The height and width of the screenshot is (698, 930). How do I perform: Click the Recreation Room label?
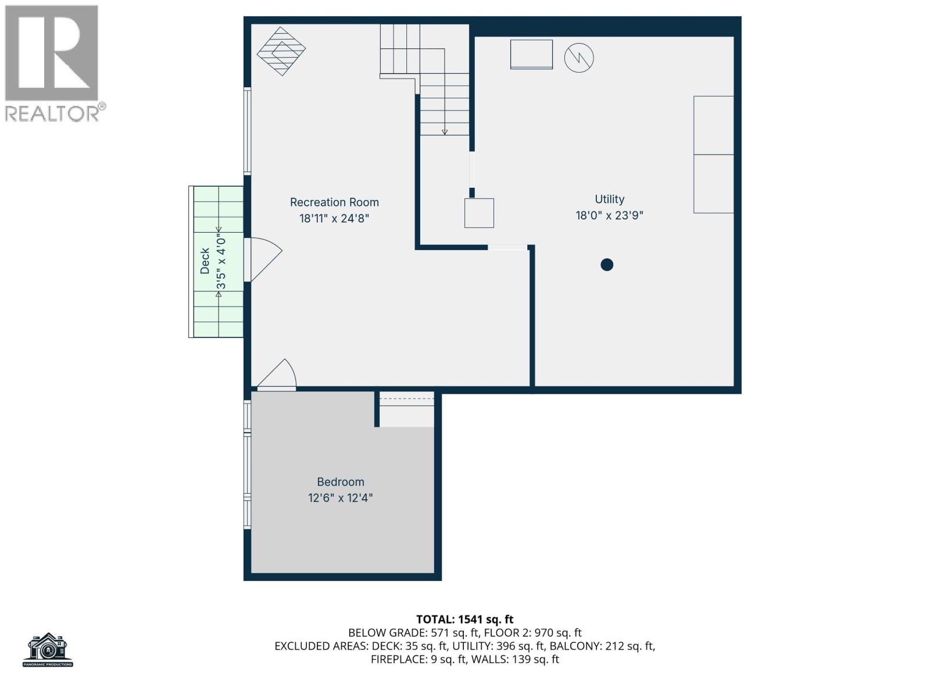click(334, 202)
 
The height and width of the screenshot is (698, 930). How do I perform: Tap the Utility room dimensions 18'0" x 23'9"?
click(609, 216)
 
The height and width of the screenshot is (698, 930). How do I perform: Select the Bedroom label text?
click(341, 482)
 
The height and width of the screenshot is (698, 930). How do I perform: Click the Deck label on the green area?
click(205, 261)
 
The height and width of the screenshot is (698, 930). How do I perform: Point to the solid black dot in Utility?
click(607, 265)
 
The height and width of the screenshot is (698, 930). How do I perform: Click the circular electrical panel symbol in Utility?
click(579, 58)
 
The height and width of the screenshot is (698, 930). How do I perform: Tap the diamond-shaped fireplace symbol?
click(281, 51)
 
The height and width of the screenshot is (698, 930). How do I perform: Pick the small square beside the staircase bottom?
click(479, 213)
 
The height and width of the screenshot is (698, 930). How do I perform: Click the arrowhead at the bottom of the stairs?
click(445, 133)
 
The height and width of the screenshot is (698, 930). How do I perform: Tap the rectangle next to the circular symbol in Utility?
click(531, 54)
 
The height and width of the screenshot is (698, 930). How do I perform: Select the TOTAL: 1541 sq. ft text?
click(465, 619)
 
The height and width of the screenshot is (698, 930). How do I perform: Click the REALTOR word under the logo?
click(52, 113)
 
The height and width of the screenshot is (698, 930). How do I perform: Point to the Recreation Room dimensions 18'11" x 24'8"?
click(334, 219)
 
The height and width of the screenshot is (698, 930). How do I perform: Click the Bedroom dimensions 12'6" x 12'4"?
click(341, 498)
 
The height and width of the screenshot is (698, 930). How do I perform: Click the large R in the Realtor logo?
click(51, 52)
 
